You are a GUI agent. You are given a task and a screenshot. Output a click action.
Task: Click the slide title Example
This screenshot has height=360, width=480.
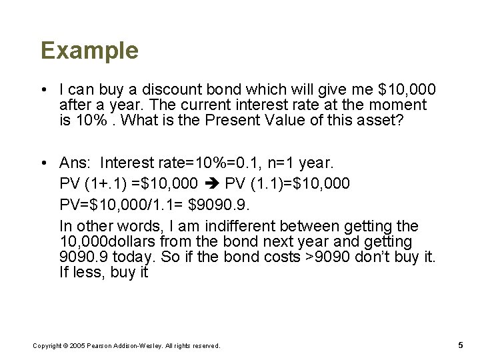tap(89, 51)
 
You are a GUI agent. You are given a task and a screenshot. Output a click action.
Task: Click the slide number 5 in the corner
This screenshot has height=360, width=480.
tap(461, 345)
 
